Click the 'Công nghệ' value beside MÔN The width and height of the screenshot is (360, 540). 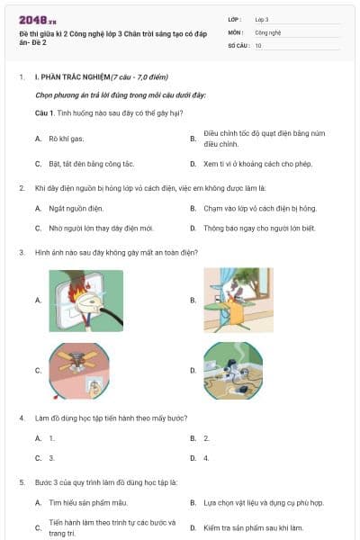tap(269, 31)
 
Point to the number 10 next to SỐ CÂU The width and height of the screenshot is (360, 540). tap(259, 45)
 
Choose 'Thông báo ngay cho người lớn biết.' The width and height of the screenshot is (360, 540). tap(258, 229)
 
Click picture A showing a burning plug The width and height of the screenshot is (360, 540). tap(85, 300)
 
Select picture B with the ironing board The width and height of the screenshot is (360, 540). tap(238, 300)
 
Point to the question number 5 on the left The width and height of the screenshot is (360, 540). tap(21, 481)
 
